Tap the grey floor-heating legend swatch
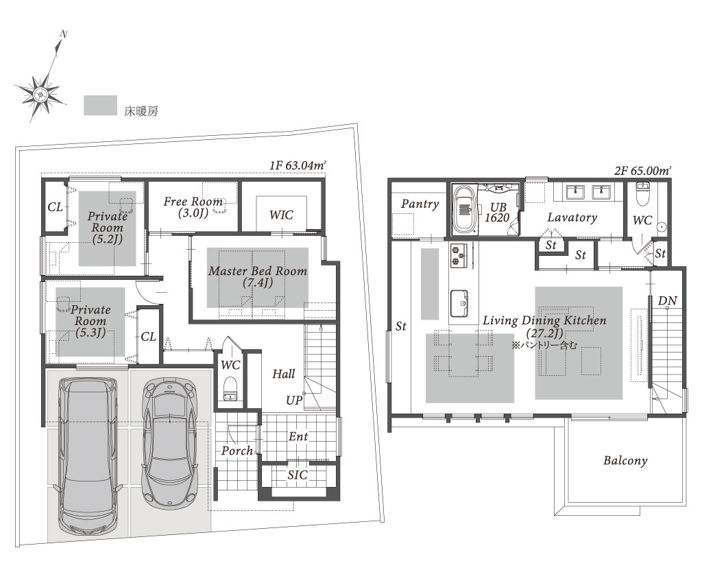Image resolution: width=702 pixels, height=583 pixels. pyautogui.click(x=100, y=105)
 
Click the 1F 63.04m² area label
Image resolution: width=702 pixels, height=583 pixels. pyautogui.click(x=298, y=165)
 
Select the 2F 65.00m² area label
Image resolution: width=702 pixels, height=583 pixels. pyautogui.click(x=642, y=170)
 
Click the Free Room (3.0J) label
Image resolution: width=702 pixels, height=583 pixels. pyautogui.click(x=193, y=207)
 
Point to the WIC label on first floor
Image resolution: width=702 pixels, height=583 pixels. pyautogui.click(x=281, y=215)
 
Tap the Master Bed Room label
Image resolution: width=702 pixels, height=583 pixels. pyautogui.click(x=258, y=276)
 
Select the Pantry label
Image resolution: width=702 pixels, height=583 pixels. pyautogui.click(x=420, y=204)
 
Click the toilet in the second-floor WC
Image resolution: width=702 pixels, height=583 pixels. pyautogui.click(x=642, y=193)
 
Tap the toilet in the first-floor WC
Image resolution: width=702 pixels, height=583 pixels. pyautogui.click(x=230, y=389)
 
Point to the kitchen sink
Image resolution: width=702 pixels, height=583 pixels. pyautogui.click(x=459, y=304)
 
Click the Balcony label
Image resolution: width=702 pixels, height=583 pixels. pyautogui.click(x=625, y=461)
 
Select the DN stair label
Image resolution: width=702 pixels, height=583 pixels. pyautogui.click(x=667, y=301)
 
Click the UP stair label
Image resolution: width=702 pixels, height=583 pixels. pyautogui.click(x=294, y=400)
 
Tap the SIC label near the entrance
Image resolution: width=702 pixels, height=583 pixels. pyautogui.click(x=298, y=475)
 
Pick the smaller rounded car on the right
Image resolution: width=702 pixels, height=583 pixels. pyautogui.click(x=169, y=441)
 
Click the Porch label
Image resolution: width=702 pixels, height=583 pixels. pyautogui.click(x=237, y=451)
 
